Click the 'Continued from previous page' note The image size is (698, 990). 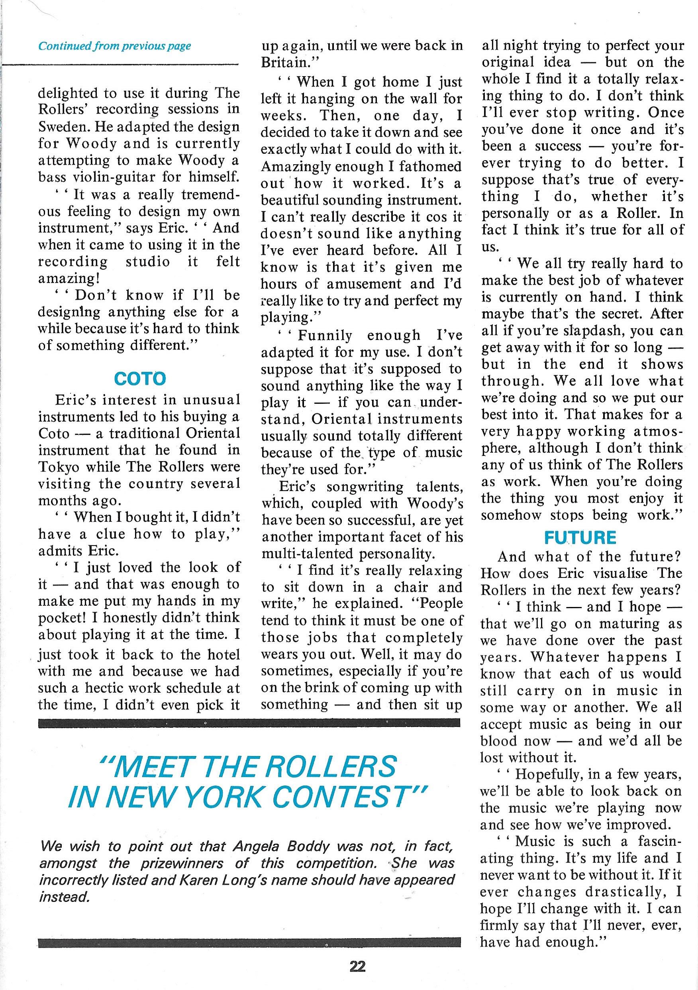[x=115, y=46]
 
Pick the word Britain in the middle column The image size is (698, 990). [x=286, y=63]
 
